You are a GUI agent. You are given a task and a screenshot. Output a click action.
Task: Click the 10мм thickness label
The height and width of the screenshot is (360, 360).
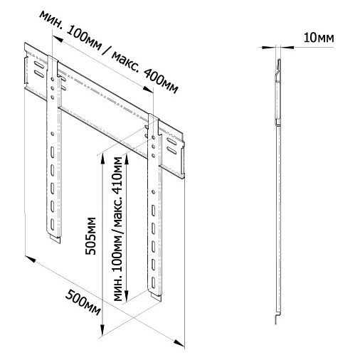point(319,38)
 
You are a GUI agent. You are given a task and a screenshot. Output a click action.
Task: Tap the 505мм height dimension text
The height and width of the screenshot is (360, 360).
point(90,236)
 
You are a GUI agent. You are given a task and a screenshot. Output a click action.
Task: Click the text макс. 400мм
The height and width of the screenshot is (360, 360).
point(144,73)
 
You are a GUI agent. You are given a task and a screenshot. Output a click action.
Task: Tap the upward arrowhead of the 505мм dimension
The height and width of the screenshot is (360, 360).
point(102,159)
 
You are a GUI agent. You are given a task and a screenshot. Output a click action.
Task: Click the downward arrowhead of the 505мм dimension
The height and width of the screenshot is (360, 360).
point(102,331)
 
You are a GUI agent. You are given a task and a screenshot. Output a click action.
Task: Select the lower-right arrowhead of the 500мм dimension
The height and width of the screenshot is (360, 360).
point(179,343)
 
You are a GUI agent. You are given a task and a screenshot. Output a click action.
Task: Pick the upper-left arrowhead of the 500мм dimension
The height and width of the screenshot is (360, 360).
point(31,258)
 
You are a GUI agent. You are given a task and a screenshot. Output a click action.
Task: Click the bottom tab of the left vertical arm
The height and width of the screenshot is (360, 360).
point(55,238)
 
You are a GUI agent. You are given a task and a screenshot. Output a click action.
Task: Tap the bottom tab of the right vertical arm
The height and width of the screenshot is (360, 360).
point(156,297)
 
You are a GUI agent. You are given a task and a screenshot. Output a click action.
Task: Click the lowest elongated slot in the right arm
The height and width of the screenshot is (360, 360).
point(153,282)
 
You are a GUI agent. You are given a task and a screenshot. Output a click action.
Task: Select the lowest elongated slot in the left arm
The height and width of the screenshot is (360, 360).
point(52,224)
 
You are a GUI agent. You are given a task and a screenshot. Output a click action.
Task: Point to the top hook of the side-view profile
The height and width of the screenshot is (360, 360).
point(279,66)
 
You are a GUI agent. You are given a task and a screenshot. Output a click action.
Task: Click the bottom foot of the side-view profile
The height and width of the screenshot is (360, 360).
point(277,318)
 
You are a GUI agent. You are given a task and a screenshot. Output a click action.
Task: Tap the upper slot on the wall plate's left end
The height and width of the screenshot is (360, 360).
point(38,65)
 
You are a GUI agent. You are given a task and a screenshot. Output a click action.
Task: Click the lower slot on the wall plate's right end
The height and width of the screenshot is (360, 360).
point(171,150)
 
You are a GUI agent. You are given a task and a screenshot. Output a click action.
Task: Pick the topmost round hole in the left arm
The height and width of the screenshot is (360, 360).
point(53,78)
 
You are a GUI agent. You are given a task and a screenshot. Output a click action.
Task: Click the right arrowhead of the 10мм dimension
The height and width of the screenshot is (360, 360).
point(287,48)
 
